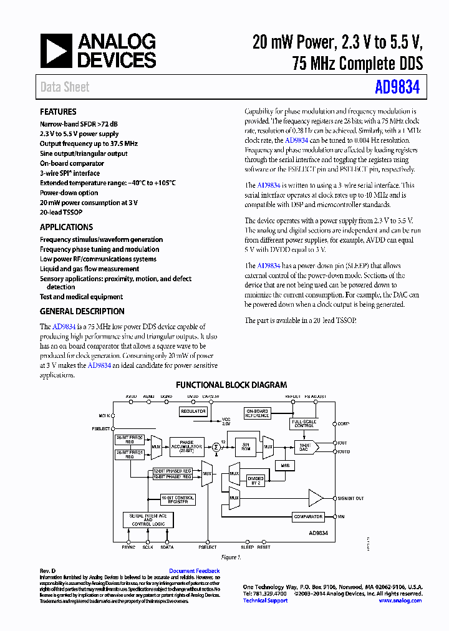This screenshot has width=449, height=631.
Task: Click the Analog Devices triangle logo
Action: coord(56,51)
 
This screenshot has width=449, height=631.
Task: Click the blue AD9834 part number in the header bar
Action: coord(397,87)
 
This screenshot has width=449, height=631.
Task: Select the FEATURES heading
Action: coord(58,112)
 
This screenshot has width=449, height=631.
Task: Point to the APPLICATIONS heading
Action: coord(66,228)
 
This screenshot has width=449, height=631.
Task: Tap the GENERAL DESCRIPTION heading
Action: coord(82,312)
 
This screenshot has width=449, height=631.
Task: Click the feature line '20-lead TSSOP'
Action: coord(61,213)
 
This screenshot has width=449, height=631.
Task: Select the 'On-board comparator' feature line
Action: coord(72,163)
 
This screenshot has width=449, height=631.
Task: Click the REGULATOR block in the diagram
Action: coord(193,412)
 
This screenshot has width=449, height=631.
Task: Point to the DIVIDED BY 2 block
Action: coord(256,480)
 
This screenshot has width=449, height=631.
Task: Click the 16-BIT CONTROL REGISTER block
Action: coord(178,499)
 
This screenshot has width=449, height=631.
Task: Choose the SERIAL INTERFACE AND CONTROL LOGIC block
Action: coord(148,519)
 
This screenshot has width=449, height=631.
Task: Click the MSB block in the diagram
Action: coord(284,465)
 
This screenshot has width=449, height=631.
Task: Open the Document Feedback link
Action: coord(194,571)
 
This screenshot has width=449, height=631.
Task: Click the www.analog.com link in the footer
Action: coord(400,600)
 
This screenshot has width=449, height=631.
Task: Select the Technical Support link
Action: coord(265,600)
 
